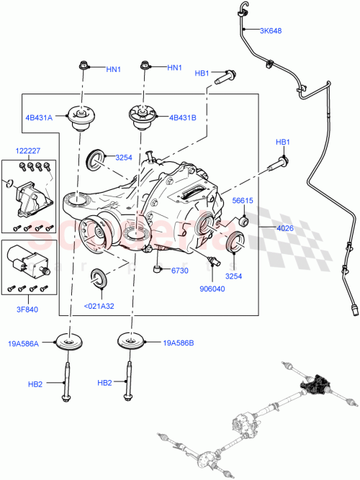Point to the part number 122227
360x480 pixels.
[30, 151]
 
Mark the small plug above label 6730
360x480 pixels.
[156, 270]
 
